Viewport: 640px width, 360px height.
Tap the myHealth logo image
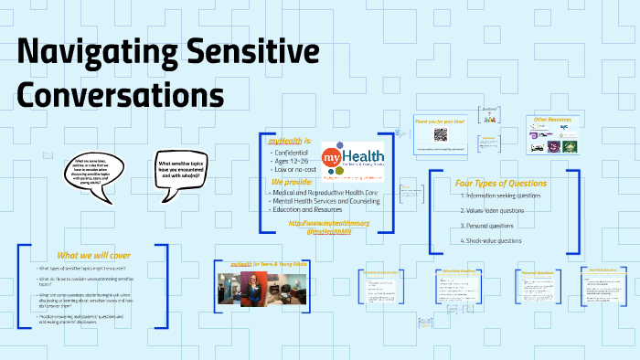[x=353, y=160]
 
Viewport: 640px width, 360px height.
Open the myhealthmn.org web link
[x=328, y=223]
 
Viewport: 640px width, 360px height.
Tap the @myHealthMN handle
[x=329, y=232]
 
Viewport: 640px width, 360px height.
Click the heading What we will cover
[x=90, y=255]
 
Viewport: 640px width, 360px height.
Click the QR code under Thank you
[x=440, y=134]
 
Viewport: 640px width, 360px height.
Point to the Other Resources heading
[x=552, y=120]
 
